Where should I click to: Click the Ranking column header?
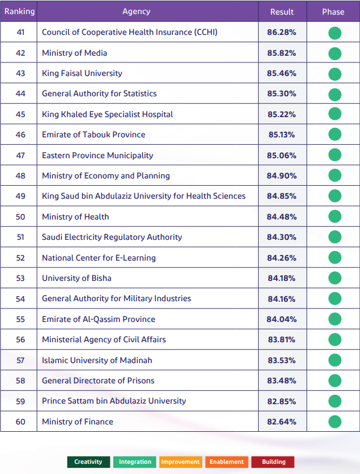[x=19, y=11]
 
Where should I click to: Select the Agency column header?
[x=136, y=11]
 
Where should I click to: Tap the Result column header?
[x=282, y=12]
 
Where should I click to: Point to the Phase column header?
[x=333, y=12]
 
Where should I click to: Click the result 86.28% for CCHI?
[x=282, y=32]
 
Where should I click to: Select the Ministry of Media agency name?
[x=74, y=53]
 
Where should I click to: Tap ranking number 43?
[x=20, y=73]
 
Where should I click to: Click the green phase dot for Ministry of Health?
[x=335, y=217]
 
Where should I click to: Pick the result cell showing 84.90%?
[x=282, y=176]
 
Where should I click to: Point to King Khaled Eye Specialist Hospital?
[x=108, y=114]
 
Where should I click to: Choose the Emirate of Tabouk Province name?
[x=94, y=135]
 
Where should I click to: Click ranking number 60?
[x=20, y=422]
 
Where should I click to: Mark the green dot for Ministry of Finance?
[x=335, y=422]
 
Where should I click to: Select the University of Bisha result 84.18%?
[x=282, y=278]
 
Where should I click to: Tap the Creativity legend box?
[x=88, y=462]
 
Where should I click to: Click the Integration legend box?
[x=135, y=462]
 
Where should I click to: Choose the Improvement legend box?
[x=180, y=462]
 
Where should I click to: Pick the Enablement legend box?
[x=226, y=462]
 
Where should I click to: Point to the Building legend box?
[x=273, y=462]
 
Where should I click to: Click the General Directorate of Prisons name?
[x=98, y=381]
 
